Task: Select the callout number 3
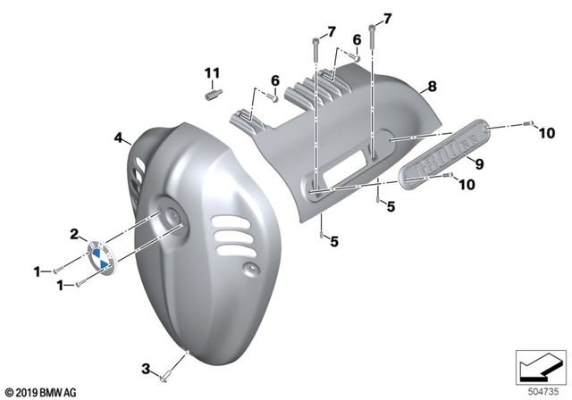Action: coord(145,368)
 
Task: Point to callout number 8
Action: coord(432,87)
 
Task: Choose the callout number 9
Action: coord(479,164)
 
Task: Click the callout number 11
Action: coord(212,71)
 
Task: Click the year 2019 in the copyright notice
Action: coord(29,391)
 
